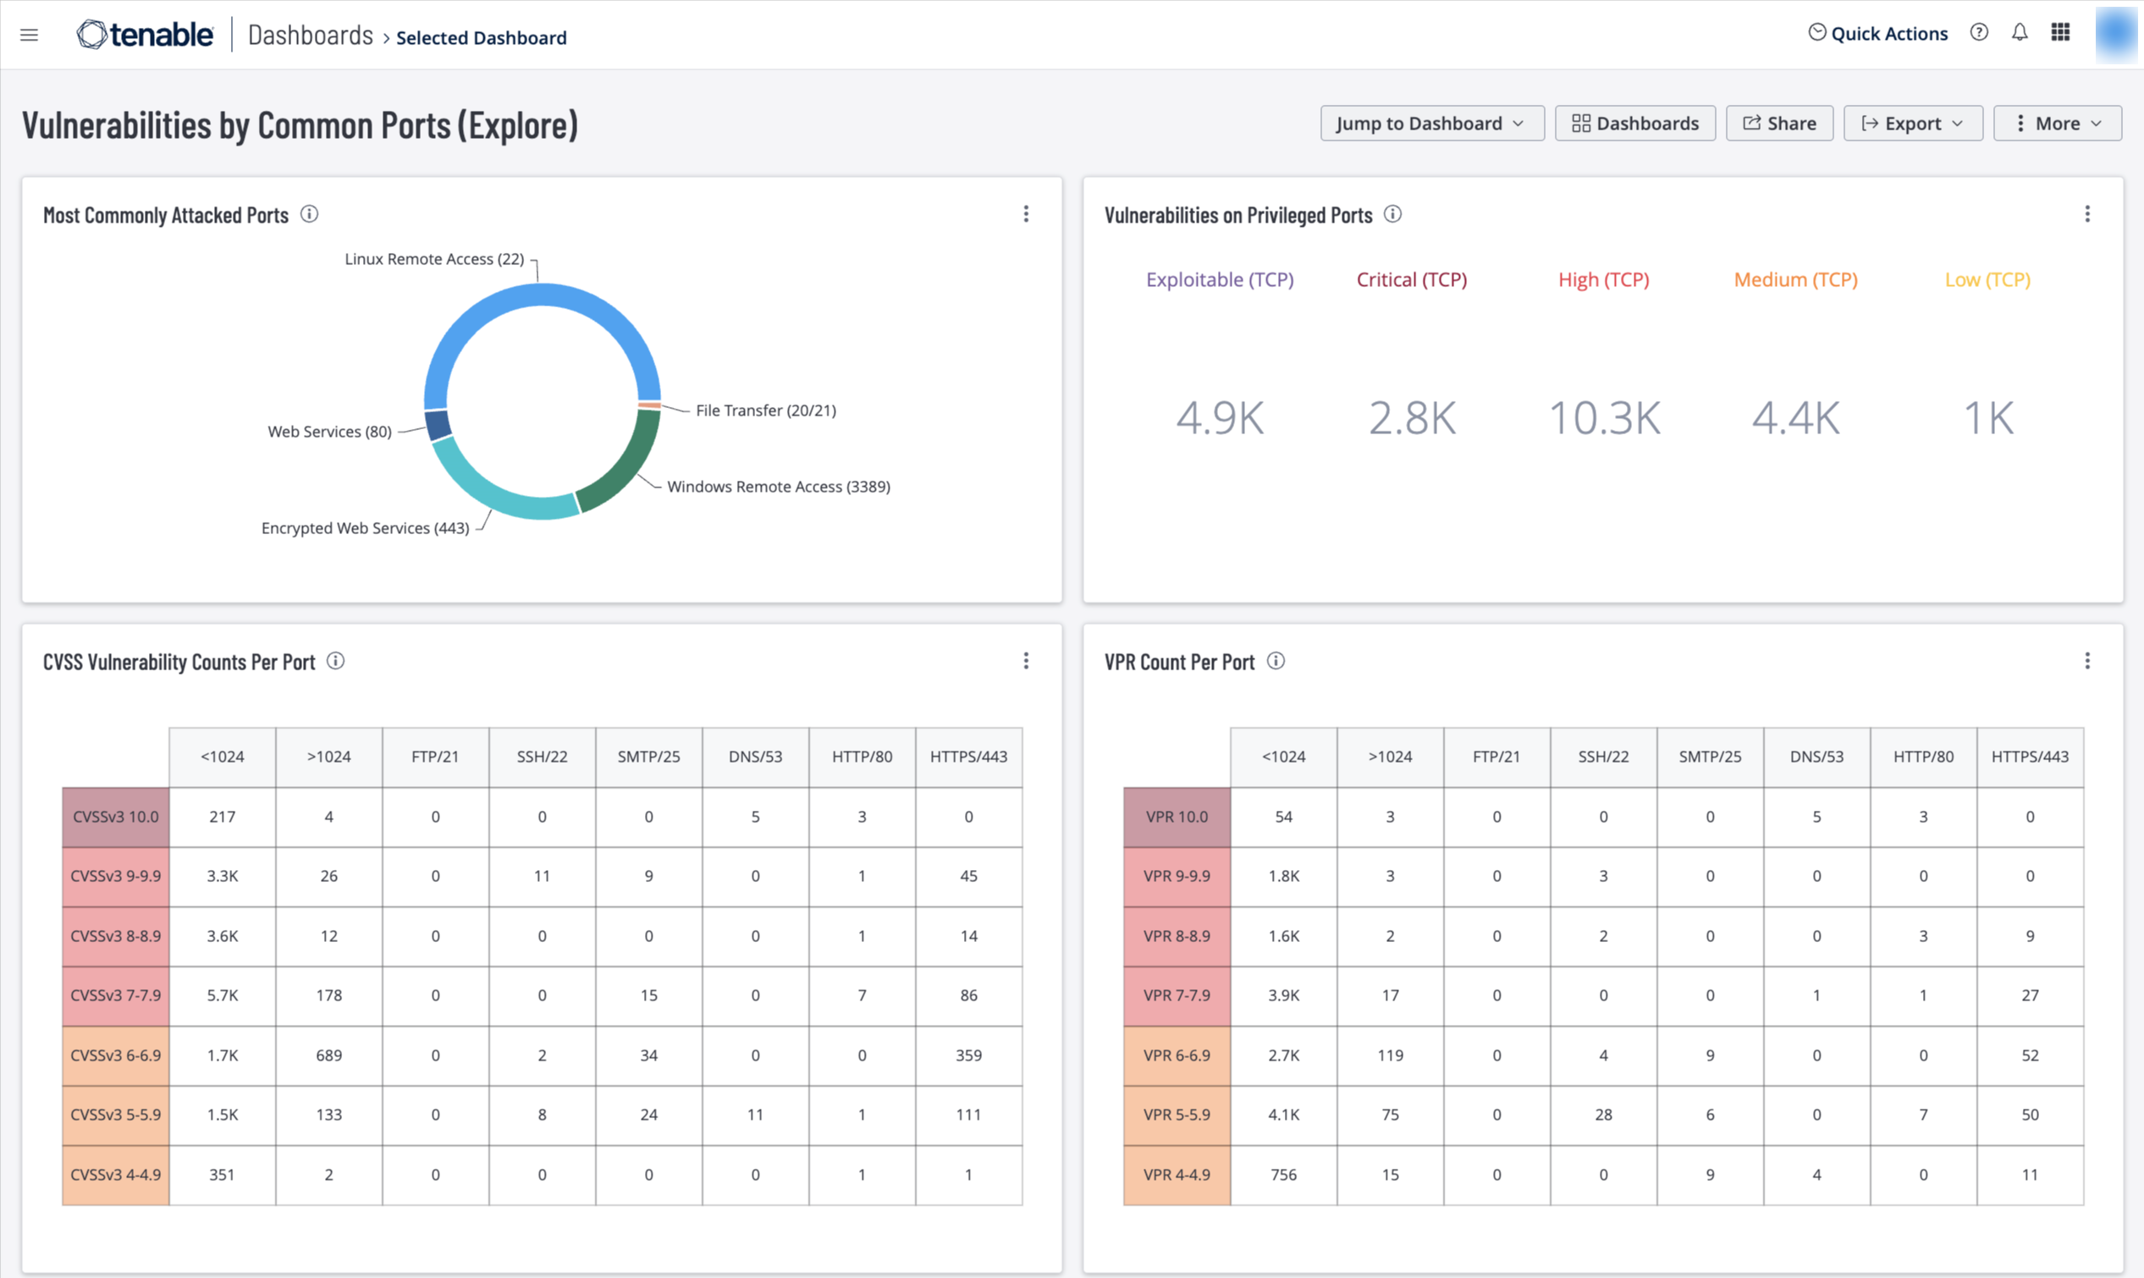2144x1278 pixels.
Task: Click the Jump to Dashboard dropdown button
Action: click(1432, 124)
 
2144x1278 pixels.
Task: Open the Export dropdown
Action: click(1912, 124)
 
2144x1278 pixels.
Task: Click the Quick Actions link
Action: click(1877, 34)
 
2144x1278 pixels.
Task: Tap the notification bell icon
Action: click(2019, 33)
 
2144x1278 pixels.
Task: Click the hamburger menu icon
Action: click(30, 35)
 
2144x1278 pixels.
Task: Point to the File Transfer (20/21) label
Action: click(765, 410)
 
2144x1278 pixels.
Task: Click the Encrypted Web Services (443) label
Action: click(365, 528)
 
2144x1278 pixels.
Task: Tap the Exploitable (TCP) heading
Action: click(1219, 280)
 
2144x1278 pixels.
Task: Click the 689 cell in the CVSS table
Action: click(329, 1055)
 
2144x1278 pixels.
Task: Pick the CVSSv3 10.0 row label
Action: click(115, 817)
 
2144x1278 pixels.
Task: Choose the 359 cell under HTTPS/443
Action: click(968, 1055)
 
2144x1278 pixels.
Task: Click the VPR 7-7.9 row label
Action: click(1177, 995)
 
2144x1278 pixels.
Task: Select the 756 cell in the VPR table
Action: click(1284, 1175)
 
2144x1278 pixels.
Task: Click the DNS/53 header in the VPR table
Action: click(1816, 757)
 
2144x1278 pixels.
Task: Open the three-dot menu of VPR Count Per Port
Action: click(2087, 660)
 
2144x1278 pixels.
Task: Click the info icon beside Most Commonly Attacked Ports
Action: click(309, 214)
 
